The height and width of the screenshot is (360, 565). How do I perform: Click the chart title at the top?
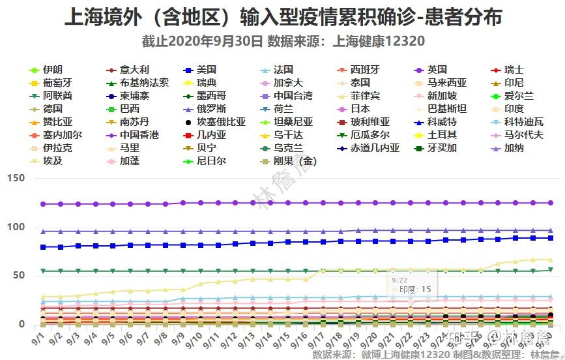click(x=282, y=17)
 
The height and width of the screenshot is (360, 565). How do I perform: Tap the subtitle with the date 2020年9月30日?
click(x=282, y=42)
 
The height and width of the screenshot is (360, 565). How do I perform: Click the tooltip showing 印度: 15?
click(x=411, y=285)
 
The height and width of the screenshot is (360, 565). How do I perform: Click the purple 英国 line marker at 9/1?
click(x=43, y=204)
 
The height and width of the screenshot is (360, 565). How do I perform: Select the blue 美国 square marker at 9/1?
click(x=43, y=247)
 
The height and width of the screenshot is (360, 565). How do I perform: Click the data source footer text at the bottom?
click(x=430, y=354)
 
